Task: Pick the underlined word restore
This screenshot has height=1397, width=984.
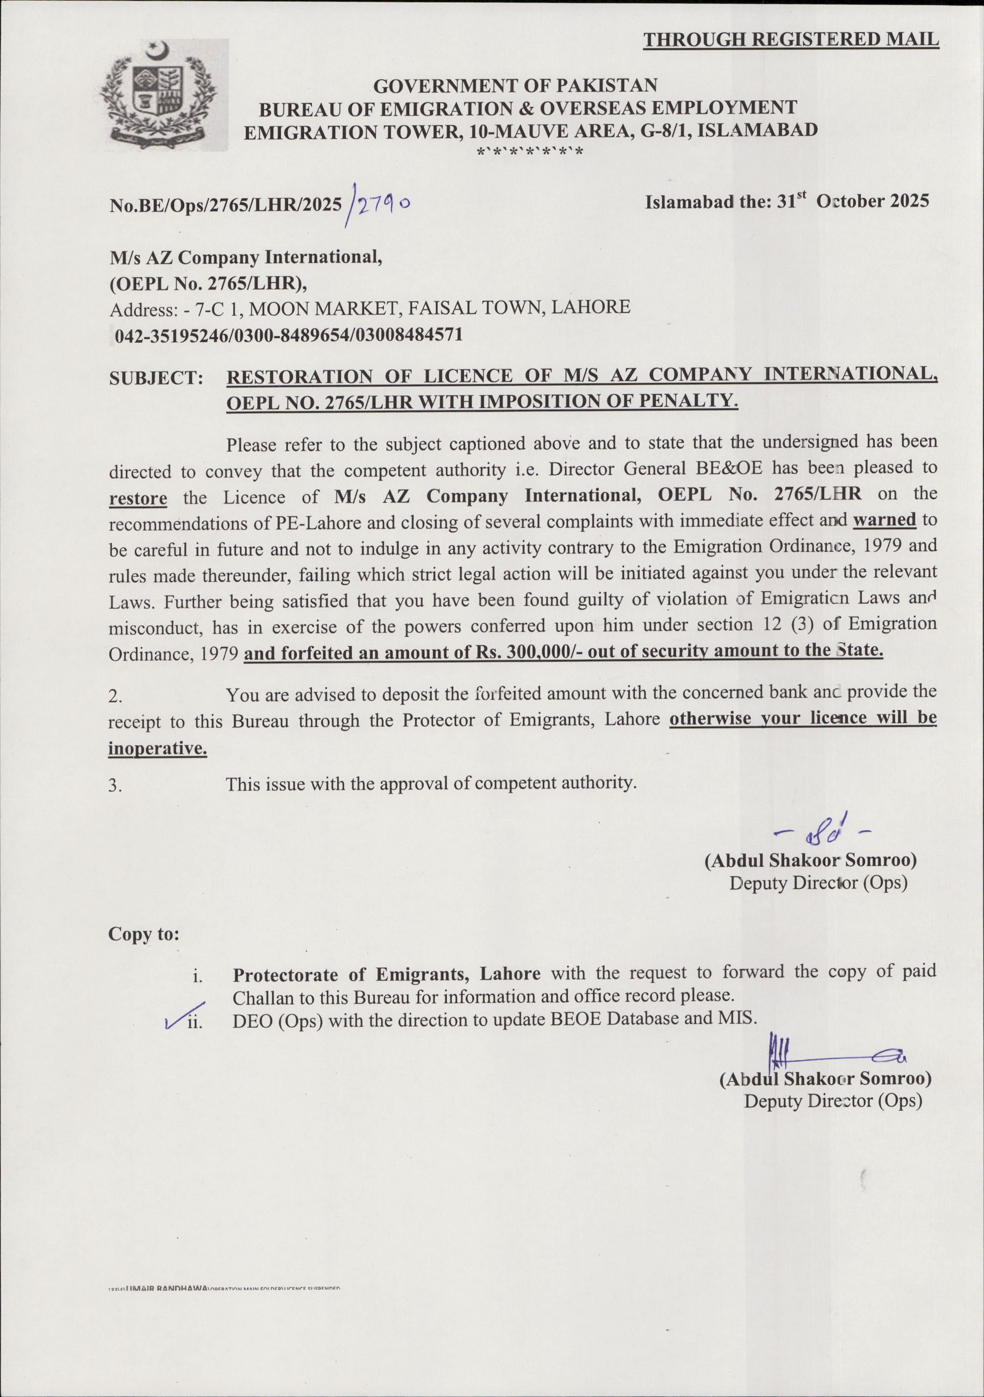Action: (x=138, y=498)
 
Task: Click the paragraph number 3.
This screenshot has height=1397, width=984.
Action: (x=115, y=785)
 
